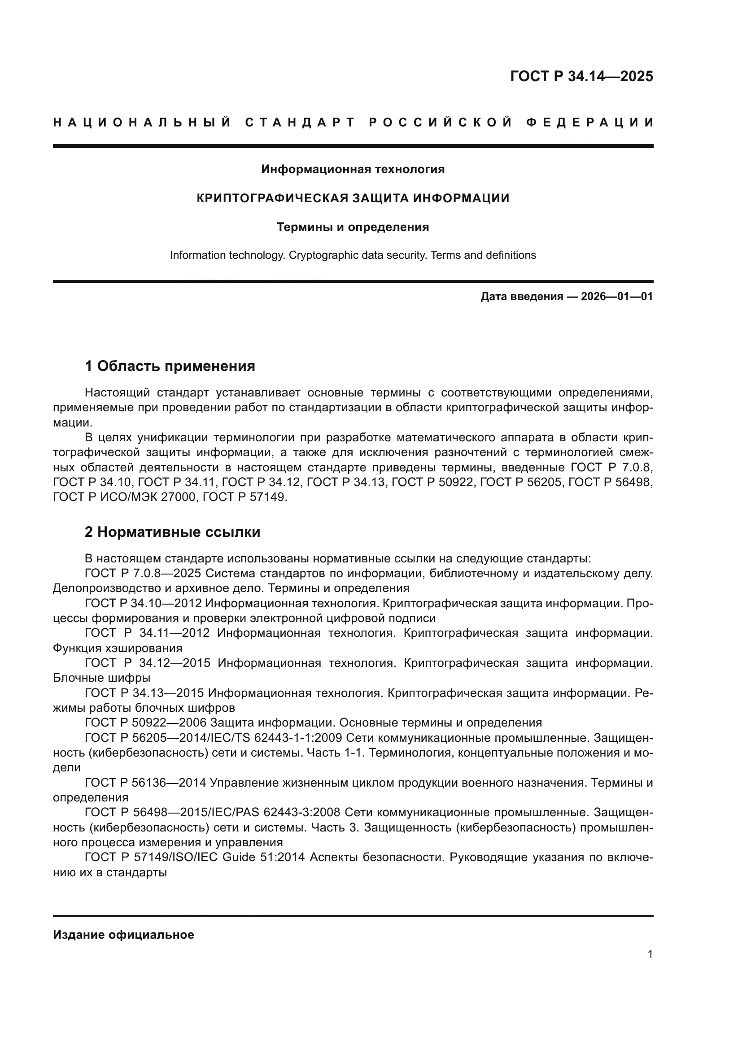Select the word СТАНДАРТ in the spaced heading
point(300,122)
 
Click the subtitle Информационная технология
point(353,170)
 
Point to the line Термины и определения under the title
point(353,227)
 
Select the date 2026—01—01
point(616,296)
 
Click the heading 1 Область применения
point(170,366)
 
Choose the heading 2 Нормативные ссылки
point(172,532)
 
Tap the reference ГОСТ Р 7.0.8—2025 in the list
point(143,574)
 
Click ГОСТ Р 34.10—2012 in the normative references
point(143,604)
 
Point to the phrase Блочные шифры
point(101,678)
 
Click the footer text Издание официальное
point(123,935)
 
